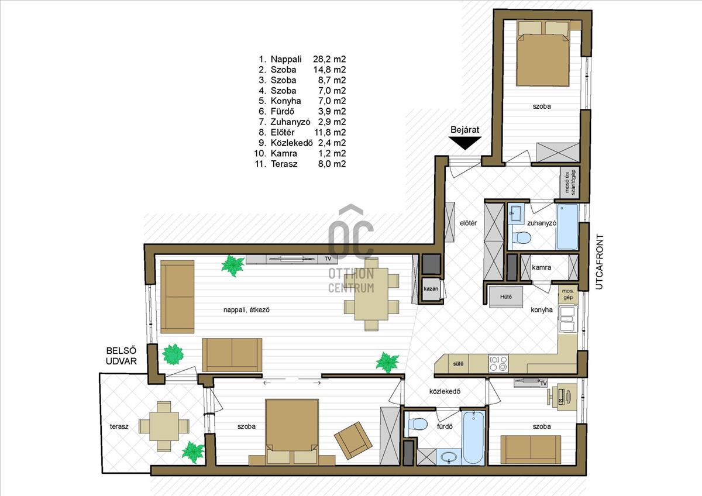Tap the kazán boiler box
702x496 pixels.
(431, 288)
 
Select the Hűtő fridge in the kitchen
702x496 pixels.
(506, 297)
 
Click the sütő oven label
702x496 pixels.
(458, 364)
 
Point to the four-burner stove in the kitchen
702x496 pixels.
(498, 364)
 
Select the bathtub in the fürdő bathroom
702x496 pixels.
(474, 438)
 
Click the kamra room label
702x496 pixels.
(541, 267)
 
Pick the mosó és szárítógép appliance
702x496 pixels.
(570, 182)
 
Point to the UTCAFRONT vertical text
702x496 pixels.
(598, 261)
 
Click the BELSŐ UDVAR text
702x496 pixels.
(121, 356)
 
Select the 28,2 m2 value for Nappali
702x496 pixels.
(329, 59)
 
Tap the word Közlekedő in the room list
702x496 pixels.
(292, 143)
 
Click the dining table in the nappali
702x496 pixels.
(371, 294)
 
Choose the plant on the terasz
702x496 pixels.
(193, 452)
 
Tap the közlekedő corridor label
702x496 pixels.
(445, 391)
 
